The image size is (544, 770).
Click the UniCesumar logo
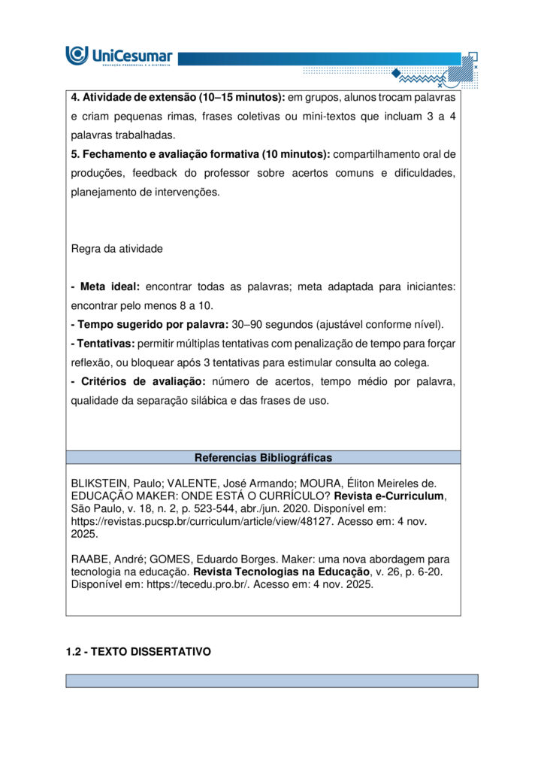tap(119, 56)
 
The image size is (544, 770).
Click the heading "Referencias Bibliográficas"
tap(263, 457)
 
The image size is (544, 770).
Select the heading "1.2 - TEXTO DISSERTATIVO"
tap(138, 652)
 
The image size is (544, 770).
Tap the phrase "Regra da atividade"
tap(116, 248)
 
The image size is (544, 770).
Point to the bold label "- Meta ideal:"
tap(105, 286)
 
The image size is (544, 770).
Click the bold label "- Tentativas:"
tap(103, 344)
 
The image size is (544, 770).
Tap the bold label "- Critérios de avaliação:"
tap(138, 382)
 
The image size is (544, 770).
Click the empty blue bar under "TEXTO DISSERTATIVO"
tap(272, 681)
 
